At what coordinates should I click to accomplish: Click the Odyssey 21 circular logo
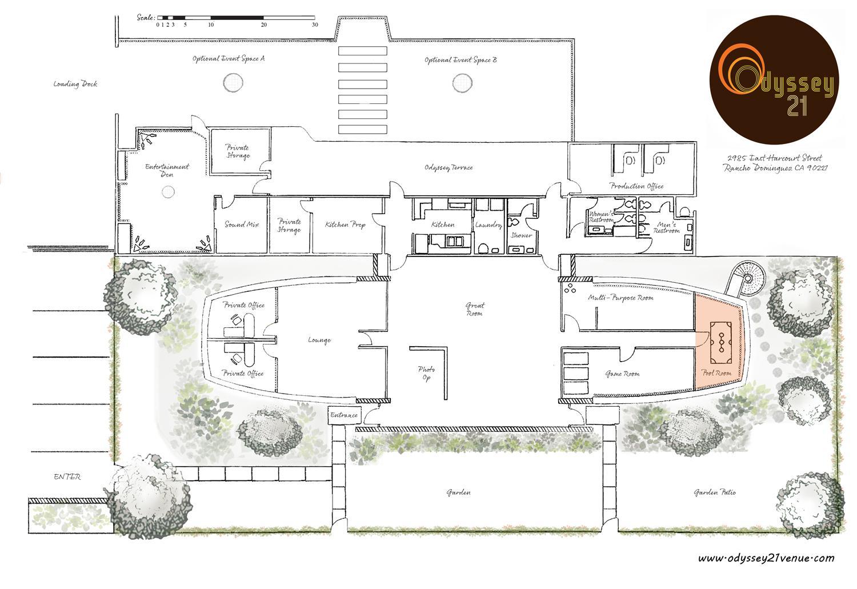click(x=774, y=80)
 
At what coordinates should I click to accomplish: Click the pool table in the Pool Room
click(x=721, y=342)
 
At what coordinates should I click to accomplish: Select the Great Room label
click(x=475, y=310)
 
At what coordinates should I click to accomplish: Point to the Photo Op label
click(x=426, y=373)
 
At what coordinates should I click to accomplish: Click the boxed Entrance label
click(x=344, y=415)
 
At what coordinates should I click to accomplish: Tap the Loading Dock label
click(x=75, y=84)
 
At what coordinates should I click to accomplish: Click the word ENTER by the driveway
click(x=67, y=476)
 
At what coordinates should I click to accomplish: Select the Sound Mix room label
click(x=242, y=225)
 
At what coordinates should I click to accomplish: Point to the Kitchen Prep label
click(x=345, y=225)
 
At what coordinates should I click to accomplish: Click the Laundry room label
click(x=488, y=225)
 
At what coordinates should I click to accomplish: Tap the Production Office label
click(x=636, y=186)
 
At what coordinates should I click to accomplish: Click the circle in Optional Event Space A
click(x=233, y=82)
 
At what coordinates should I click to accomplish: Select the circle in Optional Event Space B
click(x=462, y=83)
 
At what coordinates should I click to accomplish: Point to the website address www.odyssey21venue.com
click(x=766, y=558)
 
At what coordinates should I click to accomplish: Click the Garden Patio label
click(x=715, y=492)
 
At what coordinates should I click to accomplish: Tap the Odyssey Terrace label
click(x=448, y=167)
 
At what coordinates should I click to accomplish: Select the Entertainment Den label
click(x=167, y=171)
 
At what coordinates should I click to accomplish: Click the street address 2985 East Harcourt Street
click(x=774, y=158)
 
